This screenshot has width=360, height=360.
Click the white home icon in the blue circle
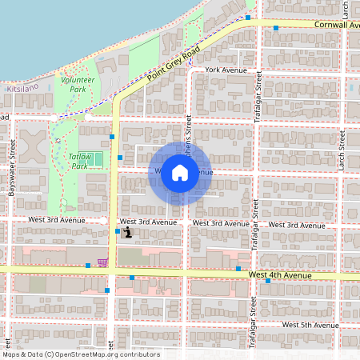(180, 172)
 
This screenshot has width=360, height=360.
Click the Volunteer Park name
(78, 85)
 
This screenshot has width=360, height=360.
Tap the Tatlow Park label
(78, 161)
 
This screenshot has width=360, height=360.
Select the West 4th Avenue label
(279, 275)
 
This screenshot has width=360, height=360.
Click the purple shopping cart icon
(102, 262)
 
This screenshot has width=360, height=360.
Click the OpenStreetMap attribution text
(81, 354)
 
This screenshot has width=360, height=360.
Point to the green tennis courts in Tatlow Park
(95, 159)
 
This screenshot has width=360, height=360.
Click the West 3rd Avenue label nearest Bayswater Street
(55, 219)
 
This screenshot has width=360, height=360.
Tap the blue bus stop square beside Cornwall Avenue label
(276, 29)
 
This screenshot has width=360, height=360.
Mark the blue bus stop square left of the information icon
(118, 232)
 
